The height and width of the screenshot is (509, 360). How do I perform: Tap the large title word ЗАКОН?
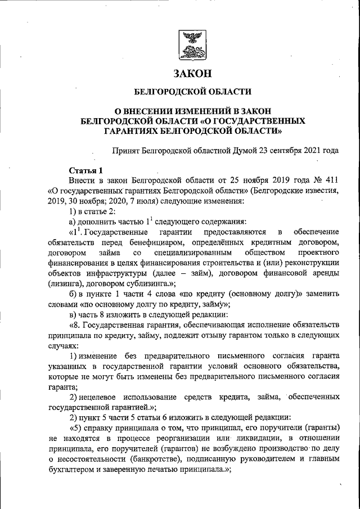pos(194,73)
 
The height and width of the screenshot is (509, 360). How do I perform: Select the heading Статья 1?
pos(85,170)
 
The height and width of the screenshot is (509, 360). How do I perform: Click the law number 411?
pos(331,181)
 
